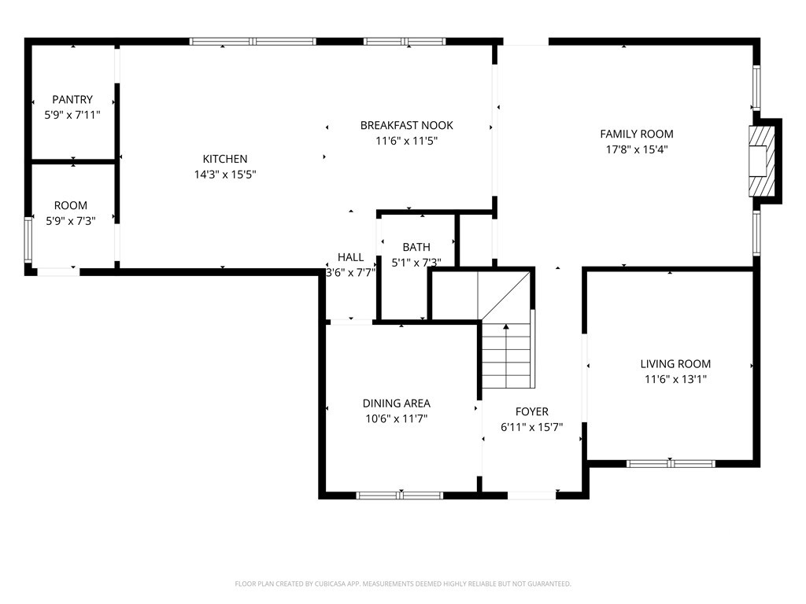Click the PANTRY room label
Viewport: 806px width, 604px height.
(x=72, y=100)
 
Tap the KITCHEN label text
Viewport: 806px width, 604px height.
(x=225, y=159)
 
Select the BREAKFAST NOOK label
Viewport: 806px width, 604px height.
(x=407, y=125)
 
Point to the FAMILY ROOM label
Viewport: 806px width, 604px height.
(x=636, y=134)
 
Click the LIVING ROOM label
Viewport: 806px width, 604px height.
(x=675, y=364)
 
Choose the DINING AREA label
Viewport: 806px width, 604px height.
(x=397, y=403)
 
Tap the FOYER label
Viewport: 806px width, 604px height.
(x=532, y=412)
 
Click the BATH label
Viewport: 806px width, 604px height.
(x=416, y=247)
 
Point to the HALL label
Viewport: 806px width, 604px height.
(x=350, y=257)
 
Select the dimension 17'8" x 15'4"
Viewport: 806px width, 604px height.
(x=636, y=149)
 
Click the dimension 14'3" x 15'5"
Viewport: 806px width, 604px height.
(x=225, y=175)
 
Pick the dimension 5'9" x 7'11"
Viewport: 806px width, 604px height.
(x=72, y=115)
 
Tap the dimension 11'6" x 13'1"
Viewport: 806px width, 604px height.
(x=675, y=380)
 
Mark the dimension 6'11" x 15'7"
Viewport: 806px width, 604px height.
(x=532, y=427)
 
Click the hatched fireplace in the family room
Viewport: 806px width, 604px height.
(x=761, y=161)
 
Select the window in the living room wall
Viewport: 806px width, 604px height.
(x=671, y=463)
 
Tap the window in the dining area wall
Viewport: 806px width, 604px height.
(x=399, y=495)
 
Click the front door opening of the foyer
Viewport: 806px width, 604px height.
(x=531, y=495)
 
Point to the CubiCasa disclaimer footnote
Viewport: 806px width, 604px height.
(x=403, y=584)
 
